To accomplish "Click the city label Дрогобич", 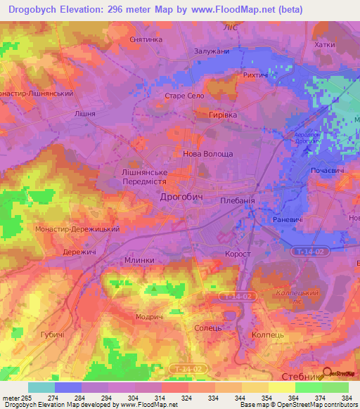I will click(181, 197).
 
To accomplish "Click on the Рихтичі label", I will click(258, 74).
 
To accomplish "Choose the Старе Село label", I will click(184, 95).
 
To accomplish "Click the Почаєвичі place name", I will click(328, 171).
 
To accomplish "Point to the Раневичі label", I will click(288, 220).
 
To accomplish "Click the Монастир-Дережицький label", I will click(77, 228).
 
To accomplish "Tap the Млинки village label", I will click(139, 259).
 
